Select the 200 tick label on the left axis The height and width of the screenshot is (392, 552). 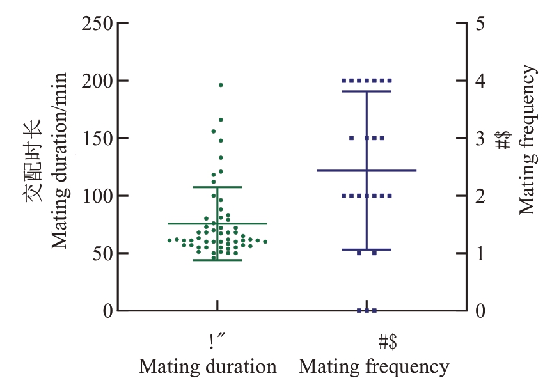pos(97,81)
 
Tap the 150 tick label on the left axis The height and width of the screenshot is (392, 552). pos(97,138)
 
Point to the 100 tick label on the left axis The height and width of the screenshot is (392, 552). pos(97,196)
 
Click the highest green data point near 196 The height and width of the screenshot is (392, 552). pos(221,85)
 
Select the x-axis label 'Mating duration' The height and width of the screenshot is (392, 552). pos(208,367)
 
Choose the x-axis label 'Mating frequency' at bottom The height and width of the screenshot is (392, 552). pos(374,367)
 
